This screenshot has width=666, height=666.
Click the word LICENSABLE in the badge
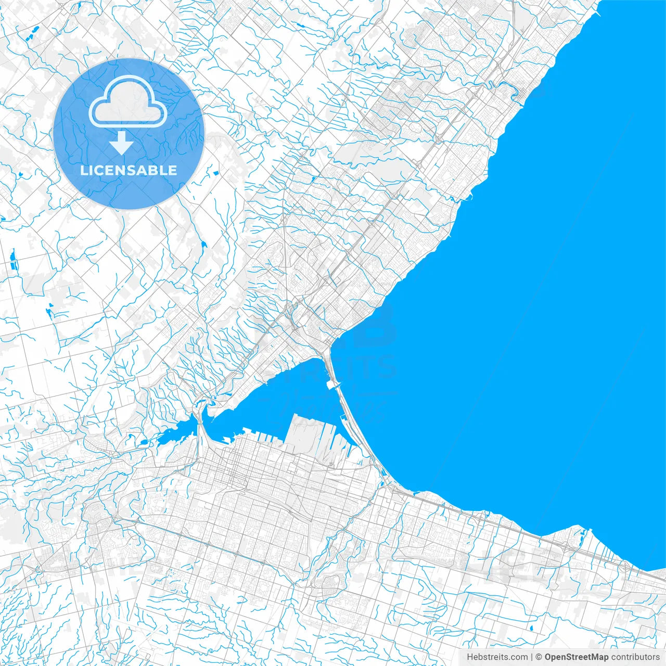click(129, 170)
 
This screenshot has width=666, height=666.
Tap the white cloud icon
click(128, 102)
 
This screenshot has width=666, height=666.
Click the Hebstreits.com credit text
click(497, 657)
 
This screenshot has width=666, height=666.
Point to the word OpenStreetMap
click(576, 657)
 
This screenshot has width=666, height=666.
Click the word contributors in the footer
click(635, 657)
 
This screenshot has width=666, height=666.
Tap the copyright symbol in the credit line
click(539, 657)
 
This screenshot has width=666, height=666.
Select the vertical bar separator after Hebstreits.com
click(531, 657)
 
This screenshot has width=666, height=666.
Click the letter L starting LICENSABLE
click(84, 171)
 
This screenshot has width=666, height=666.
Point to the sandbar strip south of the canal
click(359, 432)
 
